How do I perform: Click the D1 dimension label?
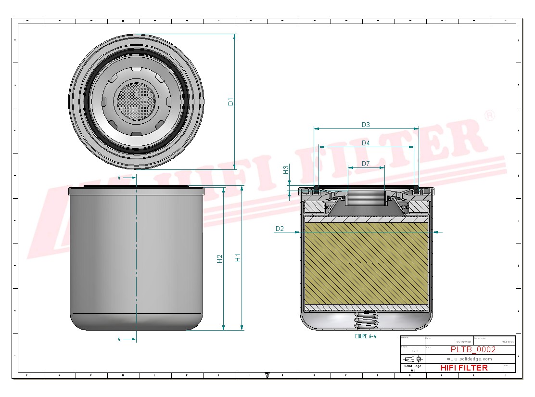coord(230,102)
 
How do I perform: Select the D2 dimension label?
coord(280,229)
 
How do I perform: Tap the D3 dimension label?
coord(366,125)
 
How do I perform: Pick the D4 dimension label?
coord(366,143)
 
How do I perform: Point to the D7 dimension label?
coord(366,164)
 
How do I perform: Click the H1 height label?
coord(238,257)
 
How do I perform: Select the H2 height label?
coord(219,258)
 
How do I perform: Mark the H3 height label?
coord(286,169)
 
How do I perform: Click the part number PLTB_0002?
coord(472,350)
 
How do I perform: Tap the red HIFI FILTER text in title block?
coord(464,368)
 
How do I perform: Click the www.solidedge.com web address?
coord(469,359)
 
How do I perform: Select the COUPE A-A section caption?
coord(365,336)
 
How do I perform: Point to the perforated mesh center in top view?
coord(137,101)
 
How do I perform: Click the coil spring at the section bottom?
coord(366,319)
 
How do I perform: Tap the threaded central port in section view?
coord(366,197)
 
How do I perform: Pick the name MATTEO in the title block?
coord(507,342)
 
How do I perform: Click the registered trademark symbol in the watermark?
coord(489,116)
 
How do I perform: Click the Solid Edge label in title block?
coord(412,367)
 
